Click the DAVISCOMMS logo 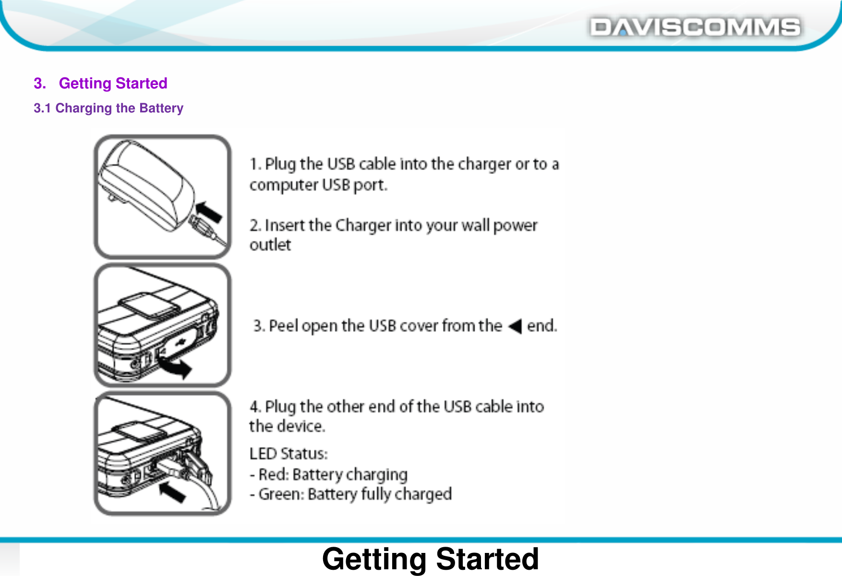pos(695,27)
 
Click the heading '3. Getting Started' pos(101,83)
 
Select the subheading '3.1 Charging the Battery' pos(108,108)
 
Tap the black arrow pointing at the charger pos(209,211)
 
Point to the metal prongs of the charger pos(112,196)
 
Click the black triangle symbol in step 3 pos(515,326)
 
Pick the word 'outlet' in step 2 pos(270,245)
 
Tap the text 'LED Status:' pos(289,453)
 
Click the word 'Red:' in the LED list pos(274,475)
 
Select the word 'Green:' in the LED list pos(281,494)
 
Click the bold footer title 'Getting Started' pos(430,559)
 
